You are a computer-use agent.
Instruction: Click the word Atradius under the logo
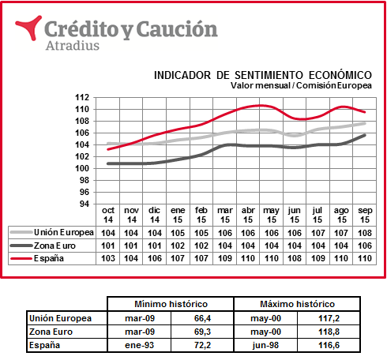click(73, 46)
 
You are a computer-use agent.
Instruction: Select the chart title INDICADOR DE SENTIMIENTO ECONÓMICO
click(263, 75)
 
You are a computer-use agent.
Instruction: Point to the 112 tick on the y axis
click(82, 97)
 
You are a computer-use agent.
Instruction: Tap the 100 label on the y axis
click(82, 168)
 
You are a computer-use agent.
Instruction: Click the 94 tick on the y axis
click(85, 204)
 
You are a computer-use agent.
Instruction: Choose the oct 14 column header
click(108, 215)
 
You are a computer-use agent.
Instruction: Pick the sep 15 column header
click(365, 215)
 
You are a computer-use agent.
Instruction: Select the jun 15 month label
click(295, 215)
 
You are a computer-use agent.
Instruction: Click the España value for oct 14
click(108, 258)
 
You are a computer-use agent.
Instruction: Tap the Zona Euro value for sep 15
click(365, 246)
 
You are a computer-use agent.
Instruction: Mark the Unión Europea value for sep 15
click(365, 233)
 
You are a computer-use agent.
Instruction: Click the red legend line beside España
click(21, 258)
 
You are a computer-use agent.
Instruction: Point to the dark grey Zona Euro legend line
click(21, 246)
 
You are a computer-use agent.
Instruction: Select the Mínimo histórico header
click(171, 304)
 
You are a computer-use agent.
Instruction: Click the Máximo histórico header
click(298, 304)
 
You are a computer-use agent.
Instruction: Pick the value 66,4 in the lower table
click(202, 318)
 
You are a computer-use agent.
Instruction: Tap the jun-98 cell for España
click(265, 345)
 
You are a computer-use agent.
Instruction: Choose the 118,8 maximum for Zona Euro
click(329, 332)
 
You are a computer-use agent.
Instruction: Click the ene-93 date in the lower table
click(140, 345)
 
